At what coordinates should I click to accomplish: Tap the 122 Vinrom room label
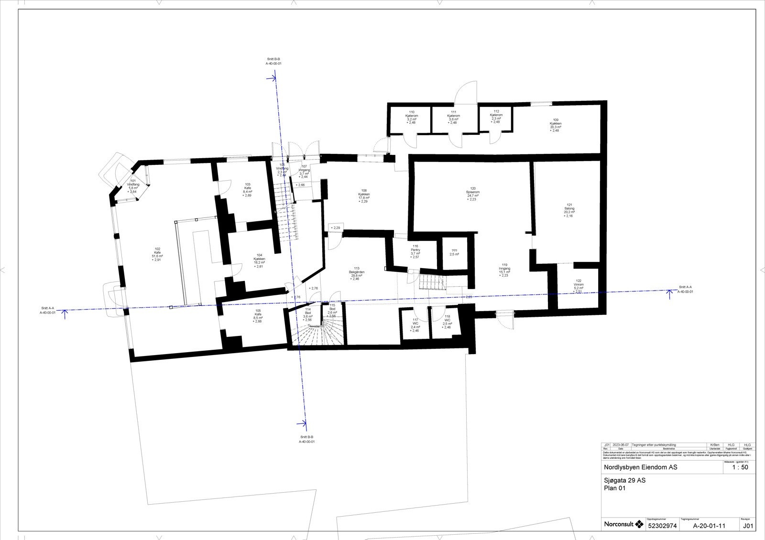click(579, 284)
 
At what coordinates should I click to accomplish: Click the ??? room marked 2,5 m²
click(454, 252)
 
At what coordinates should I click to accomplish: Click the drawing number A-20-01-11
click(709, 526)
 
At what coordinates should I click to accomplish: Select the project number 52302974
click(662, 526)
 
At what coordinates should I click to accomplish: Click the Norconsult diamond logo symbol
click(639, 524)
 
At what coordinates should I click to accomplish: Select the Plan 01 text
click(615, 488)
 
